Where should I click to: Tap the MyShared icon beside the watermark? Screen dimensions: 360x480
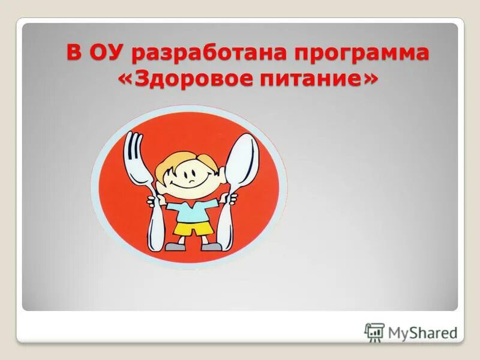click(x=374, y=332)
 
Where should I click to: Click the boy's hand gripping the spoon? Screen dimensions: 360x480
click(x=224, y=199)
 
